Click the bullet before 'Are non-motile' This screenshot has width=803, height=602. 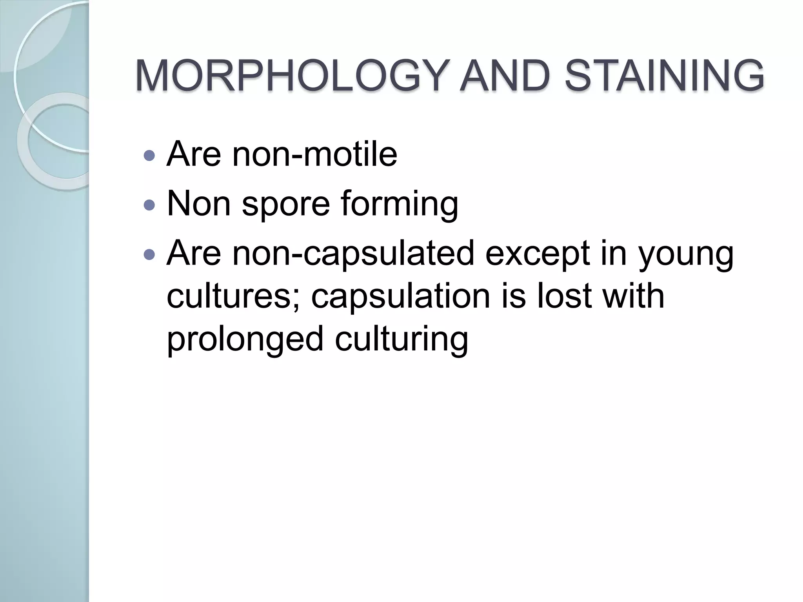149,156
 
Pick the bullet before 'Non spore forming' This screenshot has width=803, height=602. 149,205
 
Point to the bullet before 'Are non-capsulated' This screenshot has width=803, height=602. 149,255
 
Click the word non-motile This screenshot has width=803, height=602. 314,154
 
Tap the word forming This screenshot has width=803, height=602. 399,204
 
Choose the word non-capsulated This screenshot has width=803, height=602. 353,254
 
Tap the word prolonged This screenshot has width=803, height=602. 245,339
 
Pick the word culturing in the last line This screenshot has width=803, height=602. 401,339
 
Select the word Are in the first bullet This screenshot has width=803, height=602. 194,154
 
